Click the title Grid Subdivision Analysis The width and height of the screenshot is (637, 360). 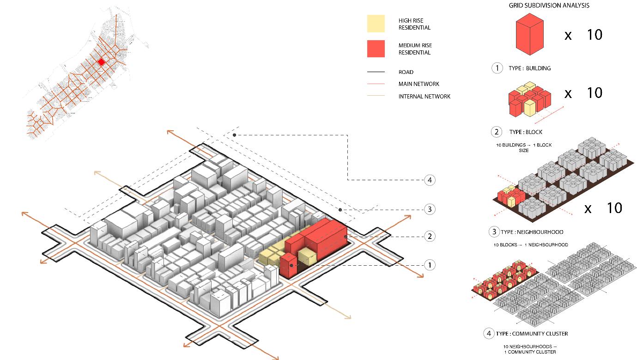click(x=549, y=6)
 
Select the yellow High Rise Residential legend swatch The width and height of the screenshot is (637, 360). click(x=376, y=24)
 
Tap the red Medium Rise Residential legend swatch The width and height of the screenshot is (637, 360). click(x=376, y=49)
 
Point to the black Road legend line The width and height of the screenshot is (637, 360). click(x=376, y=72)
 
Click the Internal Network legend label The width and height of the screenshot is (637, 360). click(x=424, y=97)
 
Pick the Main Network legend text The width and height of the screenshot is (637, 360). click(x=419, y=84)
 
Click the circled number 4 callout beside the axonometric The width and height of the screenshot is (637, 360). click(x=430, y=180)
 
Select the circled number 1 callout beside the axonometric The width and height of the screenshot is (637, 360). click(x=430, y=265)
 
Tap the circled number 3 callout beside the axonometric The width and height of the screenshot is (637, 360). click(x=430, y=209)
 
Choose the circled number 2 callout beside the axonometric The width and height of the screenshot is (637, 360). click(x=430, y=236)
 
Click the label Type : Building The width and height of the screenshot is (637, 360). click(x=529, y=68)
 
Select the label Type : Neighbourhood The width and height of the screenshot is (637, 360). click(x=532, y=232)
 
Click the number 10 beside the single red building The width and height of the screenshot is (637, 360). click(x=595, y=35)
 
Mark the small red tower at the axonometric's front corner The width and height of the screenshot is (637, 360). click(x=288, y=266)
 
